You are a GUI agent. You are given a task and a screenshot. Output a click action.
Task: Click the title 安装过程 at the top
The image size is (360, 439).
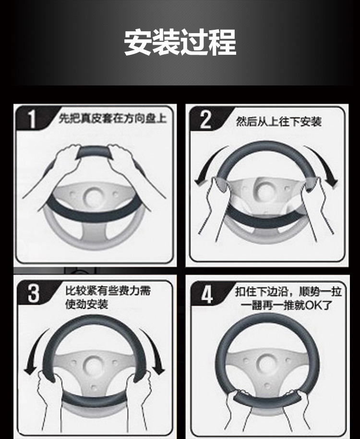tap(180, 42)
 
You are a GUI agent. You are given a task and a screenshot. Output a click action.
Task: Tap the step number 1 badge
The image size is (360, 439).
tap(33, 119)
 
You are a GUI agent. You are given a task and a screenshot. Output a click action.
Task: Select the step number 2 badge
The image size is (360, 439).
tap(205, 120)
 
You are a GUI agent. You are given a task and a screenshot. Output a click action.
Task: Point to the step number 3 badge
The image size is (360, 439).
tap(34, 293)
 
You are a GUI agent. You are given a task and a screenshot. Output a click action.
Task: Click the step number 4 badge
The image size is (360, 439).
tap(207, 295)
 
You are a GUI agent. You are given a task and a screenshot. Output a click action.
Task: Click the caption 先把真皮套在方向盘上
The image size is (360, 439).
tap(113, 119)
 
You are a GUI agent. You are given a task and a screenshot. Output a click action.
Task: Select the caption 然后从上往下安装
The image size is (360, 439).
tap(279, 122)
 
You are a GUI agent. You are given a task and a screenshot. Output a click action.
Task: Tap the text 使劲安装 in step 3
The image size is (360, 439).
tap(86, 304)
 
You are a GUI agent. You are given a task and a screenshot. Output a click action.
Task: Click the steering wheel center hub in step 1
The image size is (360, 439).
tap(94, 197)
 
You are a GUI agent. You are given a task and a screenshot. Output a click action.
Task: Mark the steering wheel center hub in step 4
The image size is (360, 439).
tap(267, 364)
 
